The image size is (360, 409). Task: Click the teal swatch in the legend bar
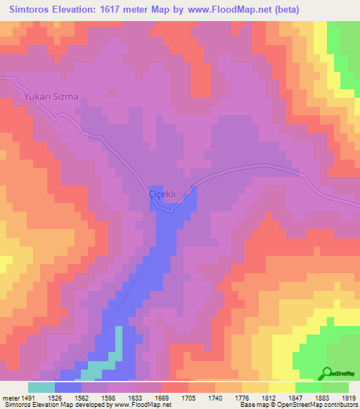click(x=41, y=387)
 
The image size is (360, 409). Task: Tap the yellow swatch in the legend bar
click(x=282, y=387)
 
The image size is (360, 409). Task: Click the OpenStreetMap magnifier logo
click(x=328, y=372)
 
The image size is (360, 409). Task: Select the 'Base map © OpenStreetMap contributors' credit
click(x=297, y=405)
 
